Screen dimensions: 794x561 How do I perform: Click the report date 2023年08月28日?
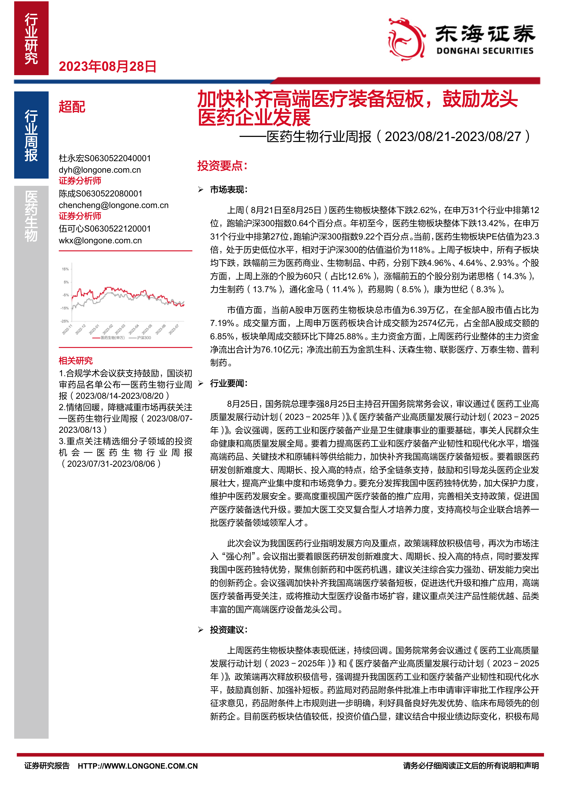pos(107,66)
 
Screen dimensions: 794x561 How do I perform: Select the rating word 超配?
pos(72,107)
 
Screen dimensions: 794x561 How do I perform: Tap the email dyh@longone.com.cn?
pos(100,170)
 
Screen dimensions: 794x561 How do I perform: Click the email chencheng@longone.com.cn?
pos(114,205)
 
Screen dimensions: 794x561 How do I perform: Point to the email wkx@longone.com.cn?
pos(100,240)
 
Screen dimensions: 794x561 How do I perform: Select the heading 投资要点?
pos(222,166)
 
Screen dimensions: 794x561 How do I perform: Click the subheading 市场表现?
pos(228,189)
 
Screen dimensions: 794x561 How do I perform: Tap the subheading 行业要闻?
pos(228,383)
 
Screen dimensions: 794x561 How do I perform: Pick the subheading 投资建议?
pos(228,629)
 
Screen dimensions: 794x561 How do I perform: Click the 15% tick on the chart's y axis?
pos(65,269)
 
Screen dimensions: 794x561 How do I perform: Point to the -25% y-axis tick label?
pos(65,321)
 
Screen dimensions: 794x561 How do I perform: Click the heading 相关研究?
pos(76,361)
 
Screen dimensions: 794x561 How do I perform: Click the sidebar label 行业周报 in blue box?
pos(31,135)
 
